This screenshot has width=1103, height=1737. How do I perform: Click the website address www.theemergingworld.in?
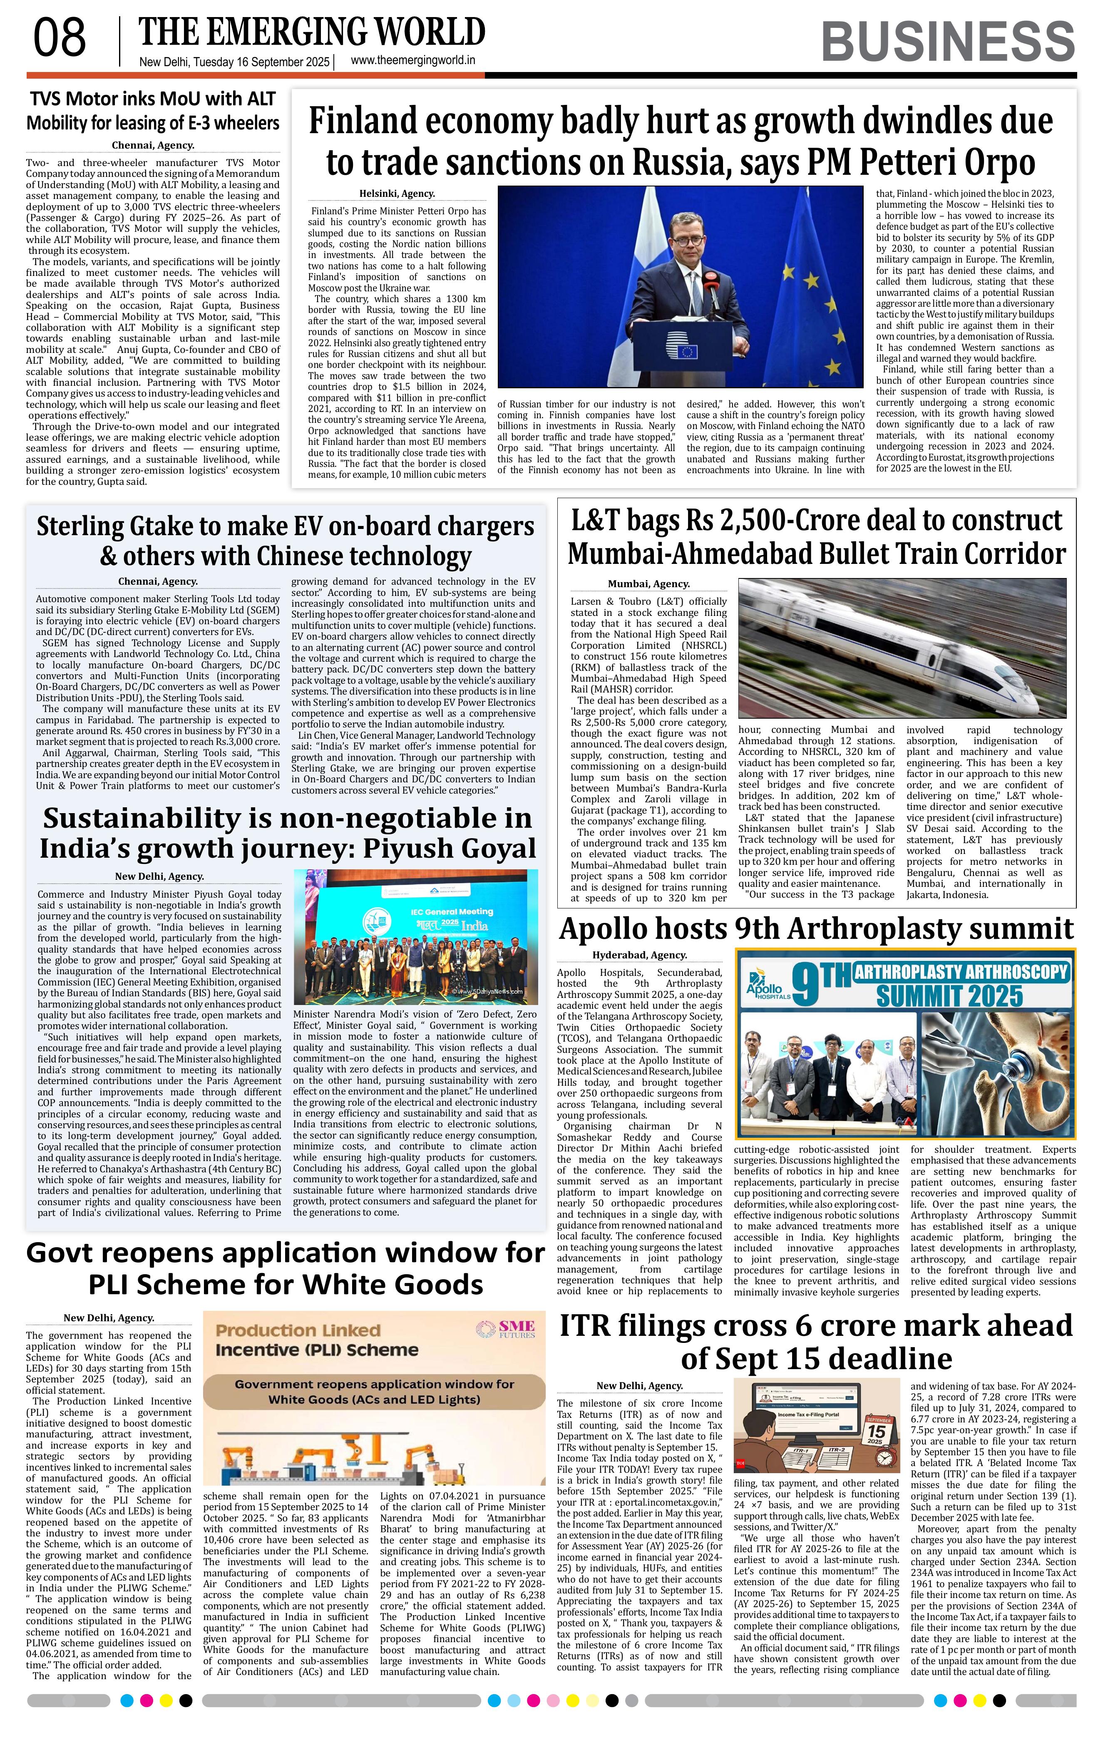pos(412,61)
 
